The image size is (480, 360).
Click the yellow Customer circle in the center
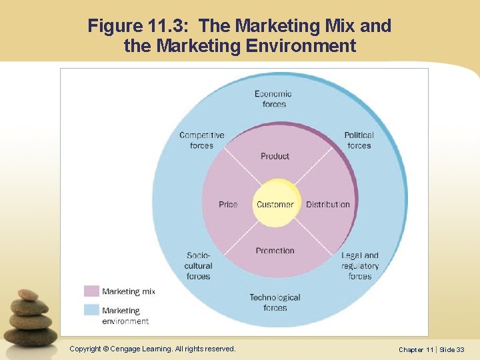coord(275,203)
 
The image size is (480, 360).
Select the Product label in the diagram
coord(275,156)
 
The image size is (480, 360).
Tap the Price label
coord(228,204)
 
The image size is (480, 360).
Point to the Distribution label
coord(327,204)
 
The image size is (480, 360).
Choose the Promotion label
coord(275,251)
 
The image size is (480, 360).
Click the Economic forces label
coord(273,99)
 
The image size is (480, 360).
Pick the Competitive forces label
coord(202,140)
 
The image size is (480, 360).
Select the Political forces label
coord(359,140)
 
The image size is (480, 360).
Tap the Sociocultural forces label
coord(199,265)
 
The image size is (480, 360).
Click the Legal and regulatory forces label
coord(360,265)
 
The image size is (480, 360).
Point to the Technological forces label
coord(275,303)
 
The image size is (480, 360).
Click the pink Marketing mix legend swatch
coord(91,291)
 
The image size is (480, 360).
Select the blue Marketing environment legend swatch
coord(91,310)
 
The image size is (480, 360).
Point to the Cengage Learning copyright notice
coord(153,349)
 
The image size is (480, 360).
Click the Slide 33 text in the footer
coord(452,349)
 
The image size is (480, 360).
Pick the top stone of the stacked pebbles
coord(28,295)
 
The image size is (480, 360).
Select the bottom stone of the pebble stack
coord(33,336)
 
